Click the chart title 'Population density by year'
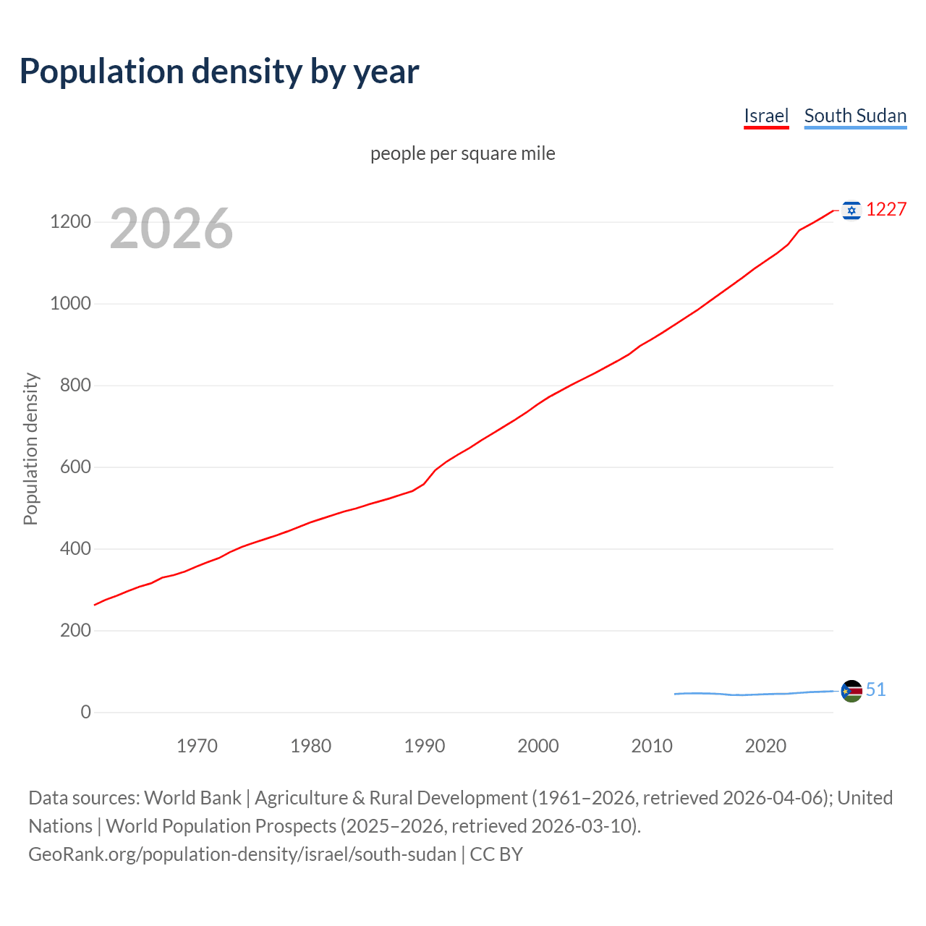coord(219,72)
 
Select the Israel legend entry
coord(766,116)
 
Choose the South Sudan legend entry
coord(855,116)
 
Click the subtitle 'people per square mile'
coord(462,154)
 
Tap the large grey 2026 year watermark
coord(171,229)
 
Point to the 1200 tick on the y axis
coord(70,222)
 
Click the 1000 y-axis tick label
coord(70,304)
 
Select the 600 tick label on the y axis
coord(75,467)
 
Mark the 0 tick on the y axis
coord(86,713)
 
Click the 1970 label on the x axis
coord(197,746)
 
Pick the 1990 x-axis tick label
coord(425,746)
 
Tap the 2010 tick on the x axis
coord(652,746)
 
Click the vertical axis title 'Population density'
coord(30,449)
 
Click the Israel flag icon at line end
coord(851,211)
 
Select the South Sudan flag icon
coord(851,691)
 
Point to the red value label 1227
coord(886,210)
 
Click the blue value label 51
coord(875,690)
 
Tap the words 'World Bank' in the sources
coord(192,798)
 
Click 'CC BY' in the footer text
coord(496,854)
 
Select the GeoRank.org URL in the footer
coord(242,854)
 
